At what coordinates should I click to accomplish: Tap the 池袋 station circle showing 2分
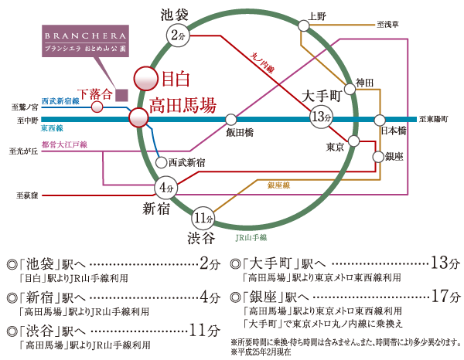178,33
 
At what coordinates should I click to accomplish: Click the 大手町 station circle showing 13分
320,117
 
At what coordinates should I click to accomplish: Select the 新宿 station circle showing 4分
165,187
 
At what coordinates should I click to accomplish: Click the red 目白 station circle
145,78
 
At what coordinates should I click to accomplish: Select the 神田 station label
364,82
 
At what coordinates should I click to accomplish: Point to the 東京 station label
334,147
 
